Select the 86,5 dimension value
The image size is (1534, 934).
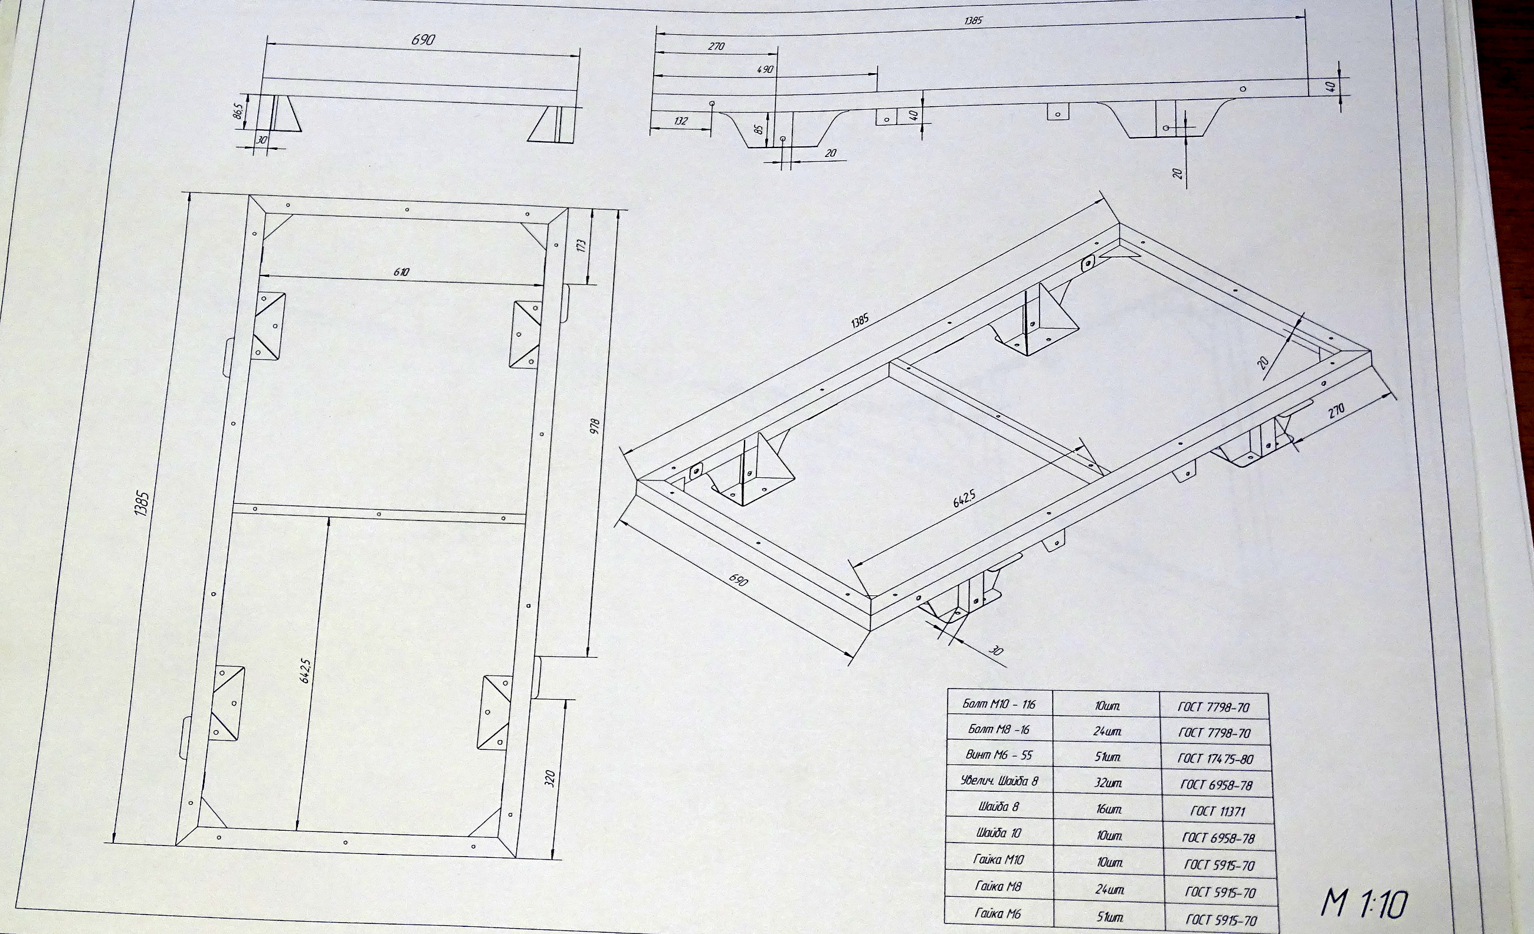coord(237,113)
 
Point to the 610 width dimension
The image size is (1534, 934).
coord(402,272)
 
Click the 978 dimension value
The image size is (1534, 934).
coord(595,426)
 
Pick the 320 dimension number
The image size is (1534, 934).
coord(550,778)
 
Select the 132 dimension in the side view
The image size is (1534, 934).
coord(680,121)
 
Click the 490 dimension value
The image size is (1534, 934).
coord(765,69)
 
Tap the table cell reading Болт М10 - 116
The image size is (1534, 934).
coord(999,704)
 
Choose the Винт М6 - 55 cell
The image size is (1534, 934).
coord(999,755)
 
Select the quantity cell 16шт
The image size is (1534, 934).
coord(1109,809)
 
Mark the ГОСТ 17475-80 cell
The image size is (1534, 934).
coord(1215,758)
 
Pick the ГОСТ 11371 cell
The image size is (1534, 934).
coord(1218,811)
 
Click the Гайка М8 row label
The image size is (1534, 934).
coord(999,886)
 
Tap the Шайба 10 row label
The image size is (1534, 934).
coord(999,833)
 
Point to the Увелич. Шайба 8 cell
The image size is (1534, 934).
coord(999,780)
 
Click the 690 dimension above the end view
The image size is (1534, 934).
coord(424,40)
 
